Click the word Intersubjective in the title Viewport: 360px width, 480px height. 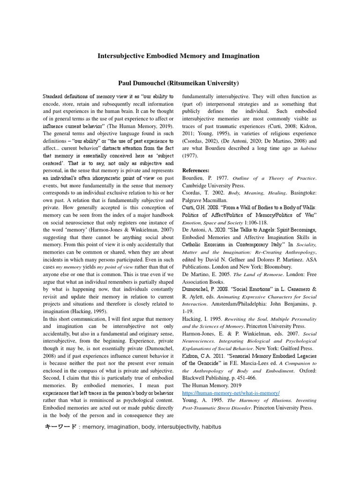[x=119, y=56]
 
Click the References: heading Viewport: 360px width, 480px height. [x=195, y=170]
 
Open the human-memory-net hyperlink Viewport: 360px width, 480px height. [x=231, y=392]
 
